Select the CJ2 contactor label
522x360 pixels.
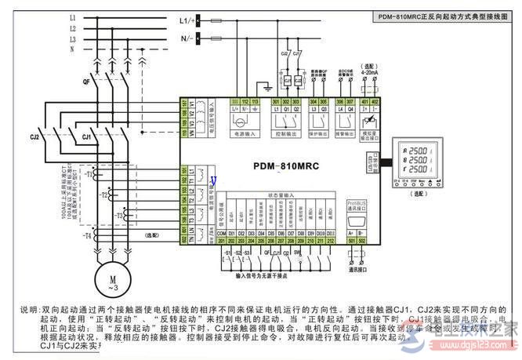[34, 136]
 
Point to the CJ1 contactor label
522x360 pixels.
[88, 136]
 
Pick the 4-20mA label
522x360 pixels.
[368, 71]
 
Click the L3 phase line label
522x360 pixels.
[73, 38]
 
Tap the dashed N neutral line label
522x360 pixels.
[73, 49]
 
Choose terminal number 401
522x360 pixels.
[364, 102]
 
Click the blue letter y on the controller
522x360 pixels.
[213, 180]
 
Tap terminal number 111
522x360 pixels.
[234, 102]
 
